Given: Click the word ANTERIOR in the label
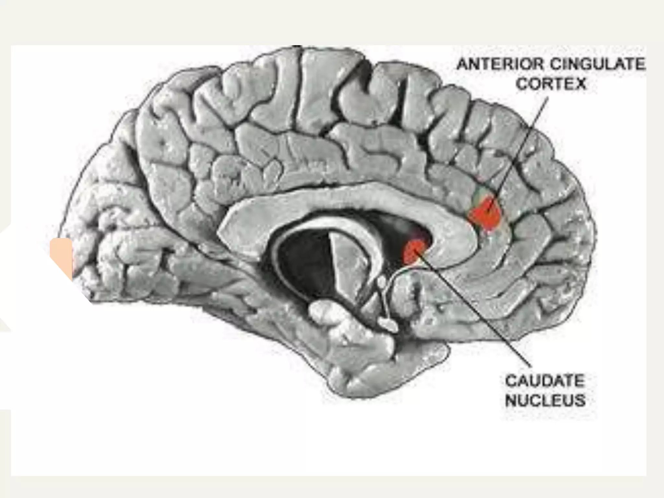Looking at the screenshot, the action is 501,65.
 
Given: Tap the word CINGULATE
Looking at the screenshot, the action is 597,65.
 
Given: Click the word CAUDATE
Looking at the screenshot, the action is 545,381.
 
